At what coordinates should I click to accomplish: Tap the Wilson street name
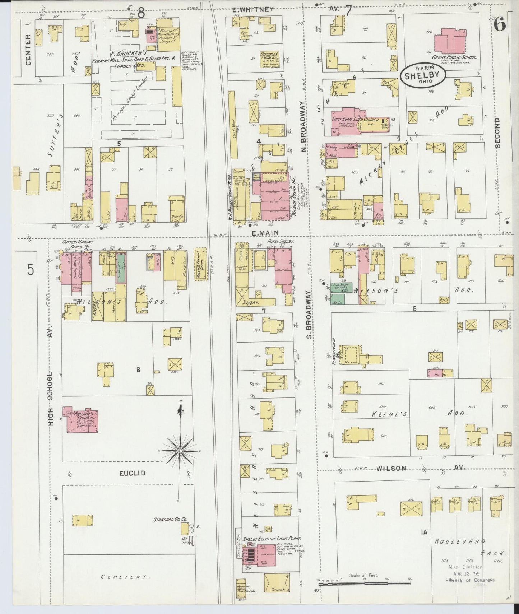point(391,468)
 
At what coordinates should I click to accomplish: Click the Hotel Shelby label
point(281,242)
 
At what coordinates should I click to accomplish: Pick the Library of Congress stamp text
point(470,590)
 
